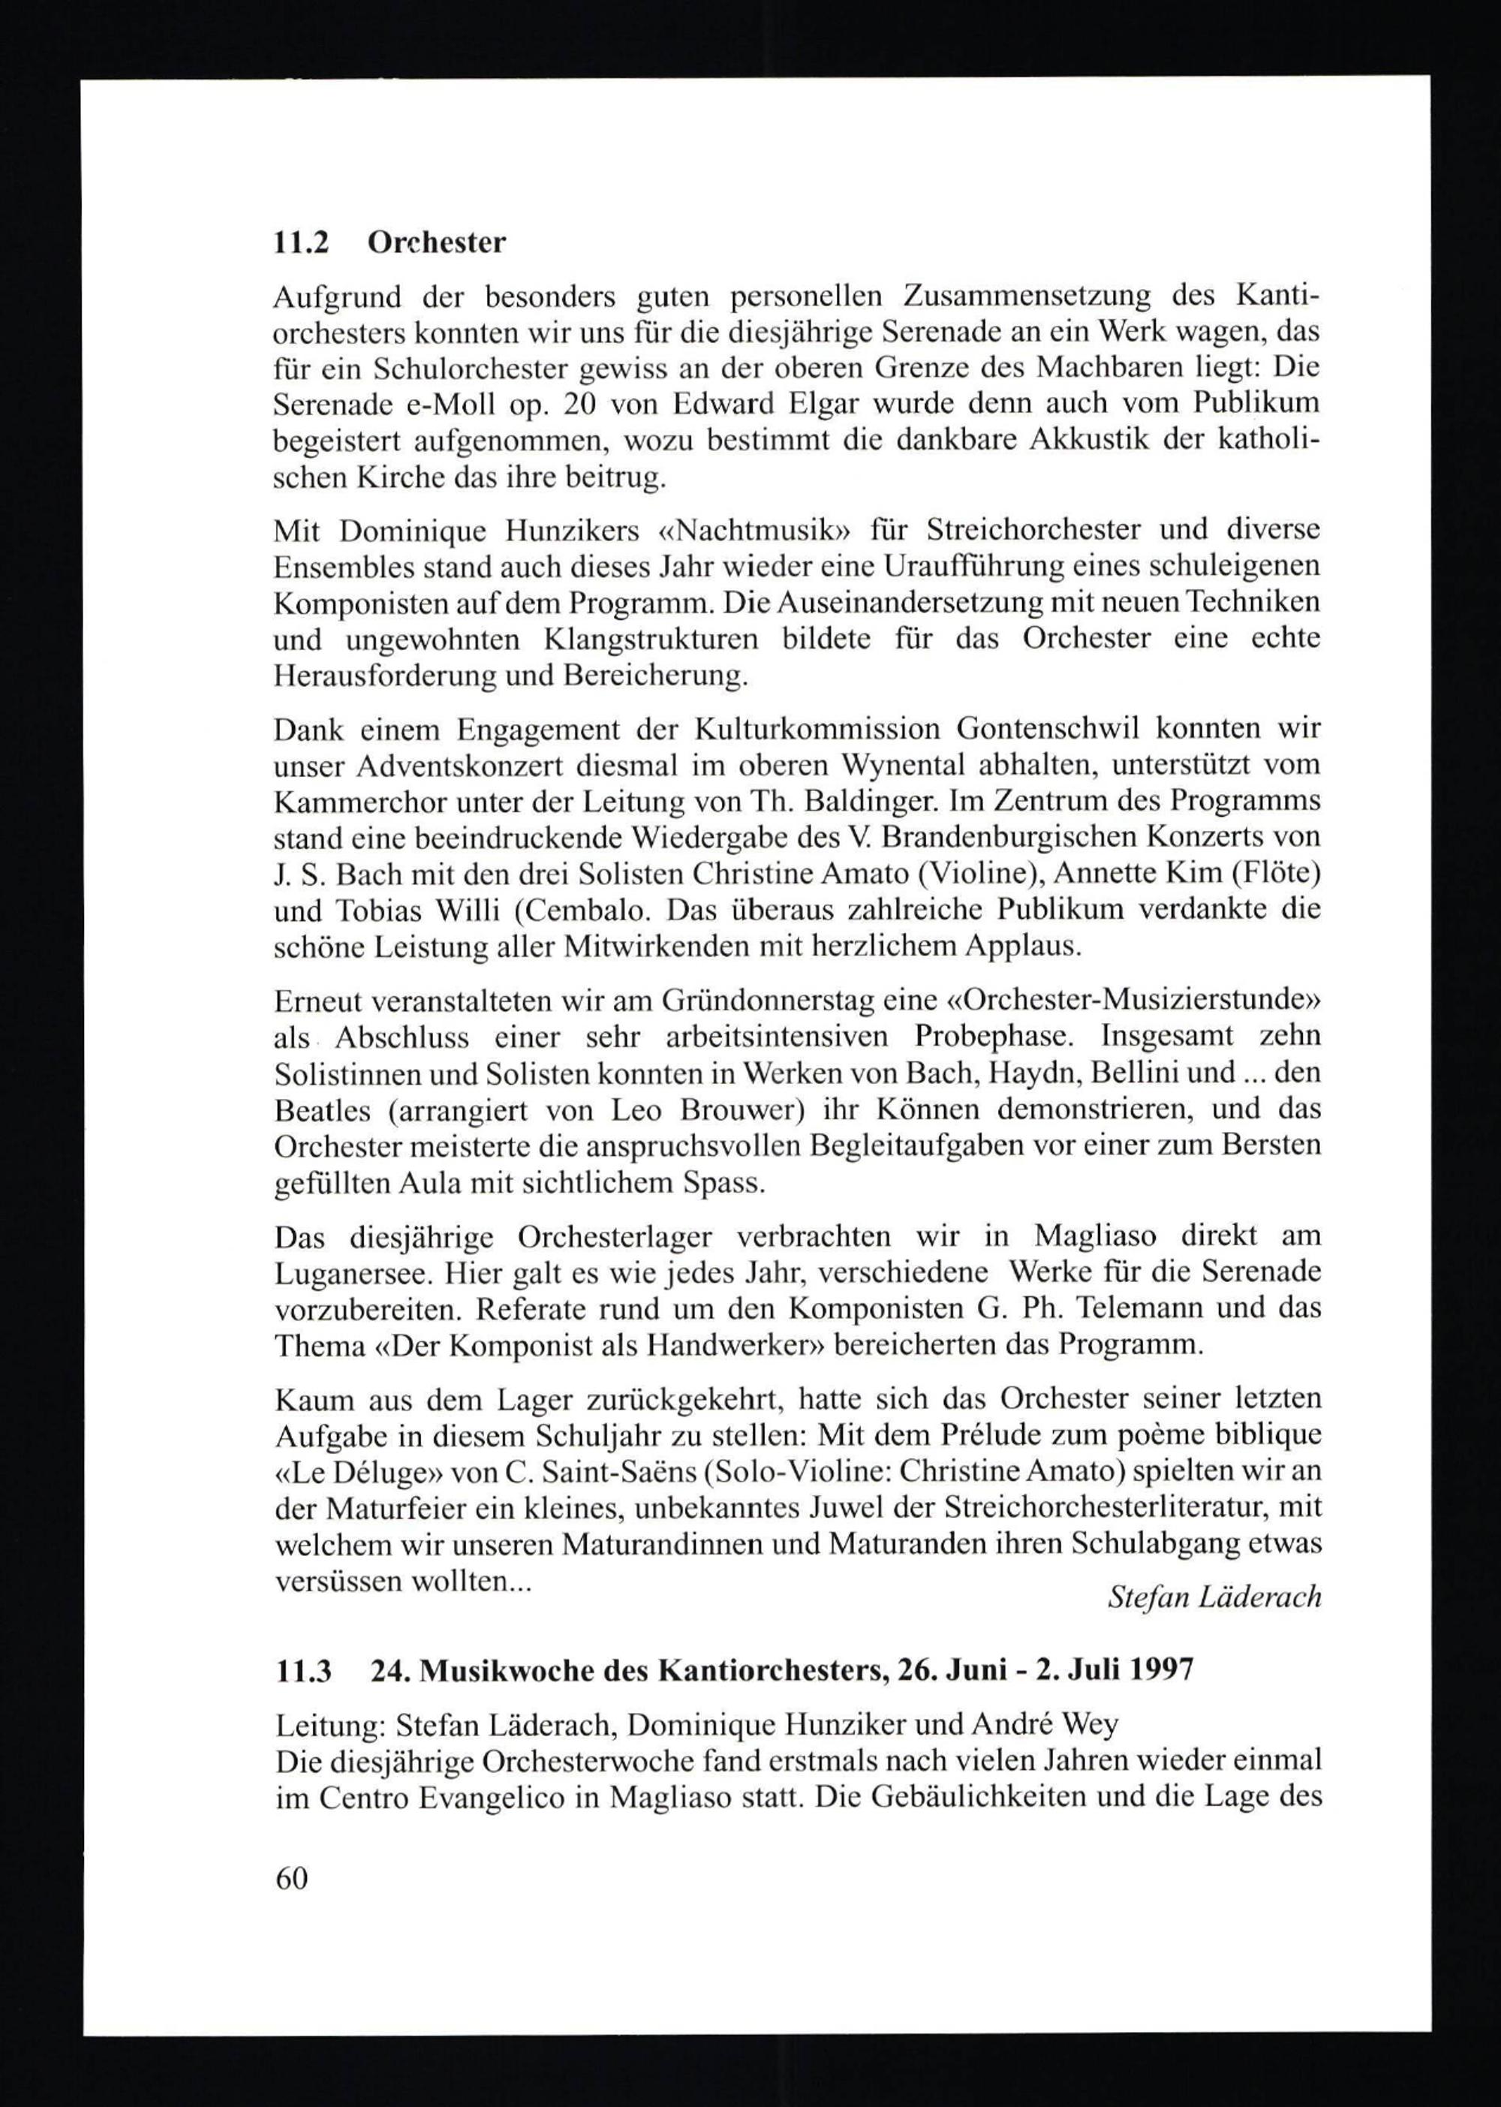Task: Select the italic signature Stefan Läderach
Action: [1214, 1597]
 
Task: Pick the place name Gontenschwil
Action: [1050, 730]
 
